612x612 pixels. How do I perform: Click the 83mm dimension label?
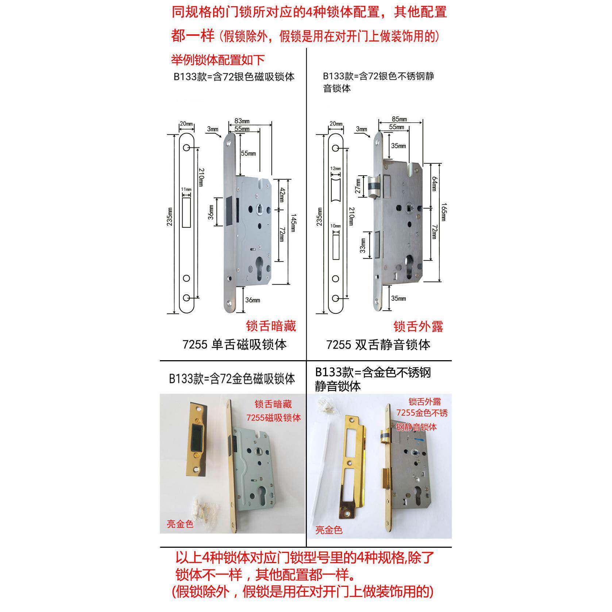pyautogui.click(x=242, y=121)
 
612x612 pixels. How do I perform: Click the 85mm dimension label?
pyautogui.click(x=399, y=119)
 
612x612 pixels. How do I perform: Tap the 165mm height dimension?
pyautogui.click(x=443, y=212)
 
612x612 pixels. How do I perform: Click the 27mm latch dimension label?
pyautogui.click(x=358, y=186)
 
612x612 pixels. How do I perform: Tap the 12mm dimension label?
pyautogui.click(x=335, y=169)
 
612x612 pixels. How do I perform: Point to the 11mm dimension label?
pyautogui.click(x=186, y=189)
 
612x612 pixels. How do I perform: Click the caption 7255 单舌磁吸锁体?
pyautogui.click(x=234, y=345)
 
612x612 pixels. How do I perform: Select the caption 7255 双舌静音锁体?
pyautogui.click(x=378, y=345)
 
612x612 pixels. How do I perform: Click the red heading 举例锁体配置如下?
pyautogui.click(x=218, y=60)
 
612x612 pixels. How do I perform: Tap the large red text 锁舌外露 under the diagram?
pyautogui.click(x=418, y=326)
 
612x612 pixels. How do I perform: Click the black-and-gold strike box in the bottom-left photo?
pyautogui.click(x=198, y=439)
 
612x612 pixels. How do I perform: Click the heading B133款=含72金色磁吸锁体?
pyautogui.click(x=232, y=379)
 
